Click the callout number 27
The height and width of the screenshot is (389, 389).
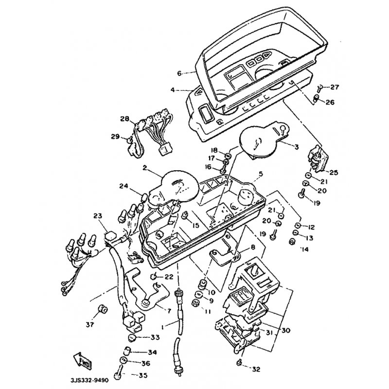[335, 88]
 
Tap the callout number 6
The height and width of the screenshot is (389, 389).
[179, 73]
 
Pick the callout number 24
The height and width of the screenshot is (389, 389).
[124, 185]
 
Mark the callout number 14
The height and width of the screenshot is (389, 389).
[305, 249]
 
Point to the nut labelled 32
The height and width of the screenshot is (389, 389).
[239, 363]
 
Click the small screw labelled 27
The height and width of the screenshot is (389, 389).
[319, 88]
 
